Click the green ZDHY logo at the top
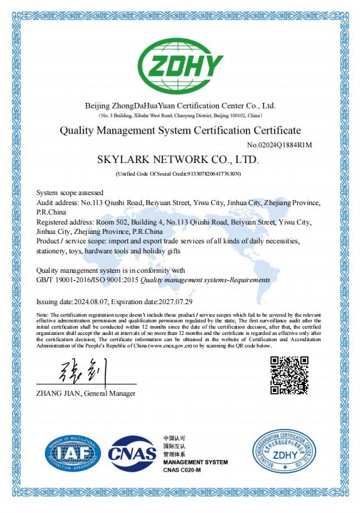(180, 65)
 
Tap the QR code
(289, 374)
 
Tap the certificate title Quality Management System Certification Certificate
(179, 130)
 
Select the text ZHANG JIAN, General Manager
(86, 393)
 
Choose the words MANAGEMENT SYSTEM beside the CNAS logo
(195, 462)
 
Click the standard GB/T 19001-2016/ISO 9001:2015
(87, 280)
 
